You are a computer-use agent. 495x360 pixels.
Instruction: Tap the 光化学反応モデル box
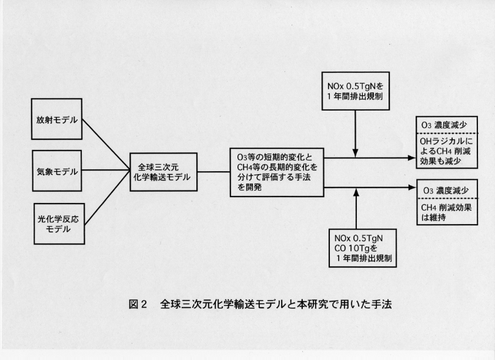coord(56,224)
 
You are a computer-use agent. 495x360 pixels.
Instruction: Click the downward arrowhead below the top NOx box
coord(356,152)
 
